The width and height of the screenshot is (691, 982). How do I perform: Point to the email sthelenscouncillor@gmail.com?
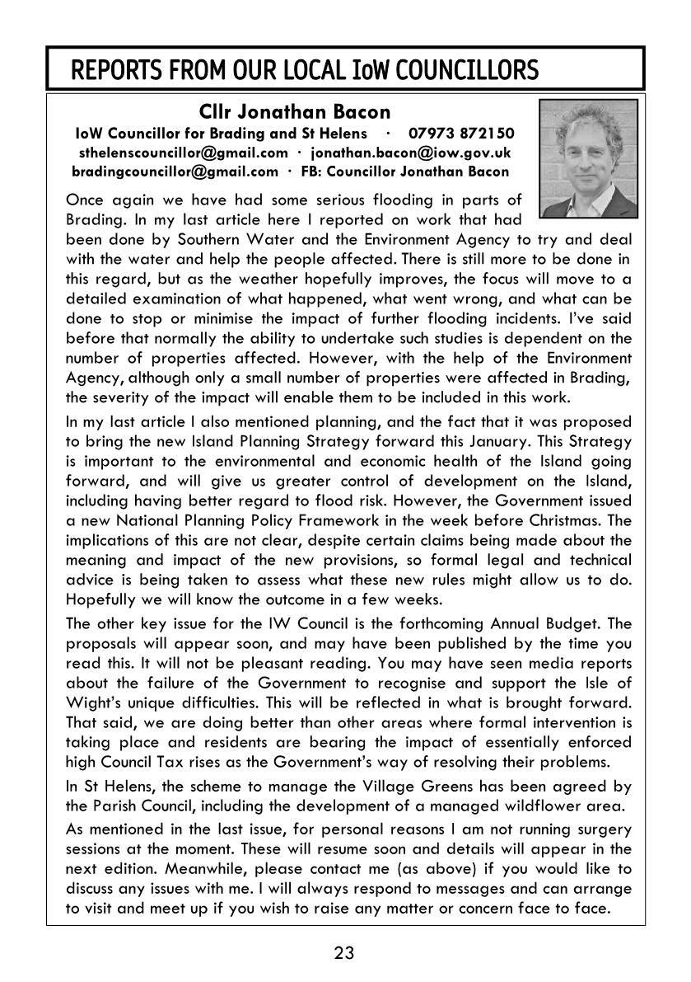(x=183, y=153)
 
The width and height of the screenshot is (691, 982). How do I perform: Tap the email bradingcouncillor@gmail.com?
(x=175, y=171)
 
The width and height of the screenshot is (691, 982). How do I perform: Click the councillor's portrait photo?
(x=586, y=147)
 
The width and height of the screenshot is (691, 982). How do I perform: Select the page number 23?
(x=344, y=954)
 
